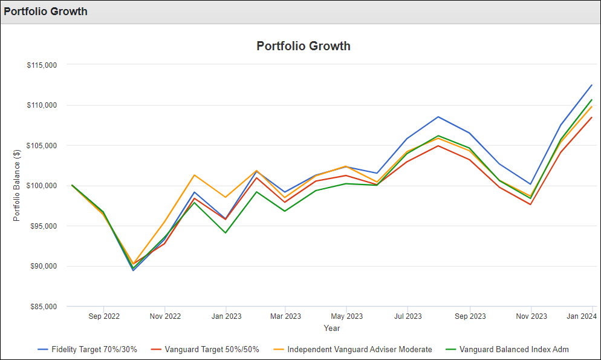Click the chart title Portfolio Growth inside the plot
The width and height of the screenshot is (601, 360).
[x=304, y=46]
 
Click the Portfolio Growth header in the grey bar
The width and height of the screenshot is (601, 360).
[x=45, y=11]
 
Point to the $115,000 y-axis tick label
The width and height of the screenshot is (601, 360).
[x=42, y=65]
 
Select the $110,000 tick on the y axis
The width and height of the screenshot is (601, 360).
[x=42, y=105]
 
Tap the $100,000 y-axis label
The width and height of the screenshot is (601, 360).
[x=42, y=186]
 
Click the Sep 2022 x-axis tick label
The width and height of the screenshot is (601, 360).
[x=104, y=316]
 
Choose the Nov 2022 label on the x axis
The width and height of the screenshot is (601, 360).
[x=164, y=316]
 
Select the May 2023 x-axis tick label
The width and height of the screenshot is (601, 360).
[x=346, y=316]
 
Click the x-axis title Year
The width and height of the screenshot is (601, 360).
[x=331, y=329]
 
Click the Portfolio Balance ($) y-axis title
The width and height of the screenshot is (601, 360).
[x=18, y=186]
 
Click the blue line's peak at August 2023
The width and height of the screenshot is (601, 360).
[x=438, y=117]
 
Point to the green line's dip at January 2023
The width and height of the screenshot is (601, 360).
[x=226, y=233]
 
